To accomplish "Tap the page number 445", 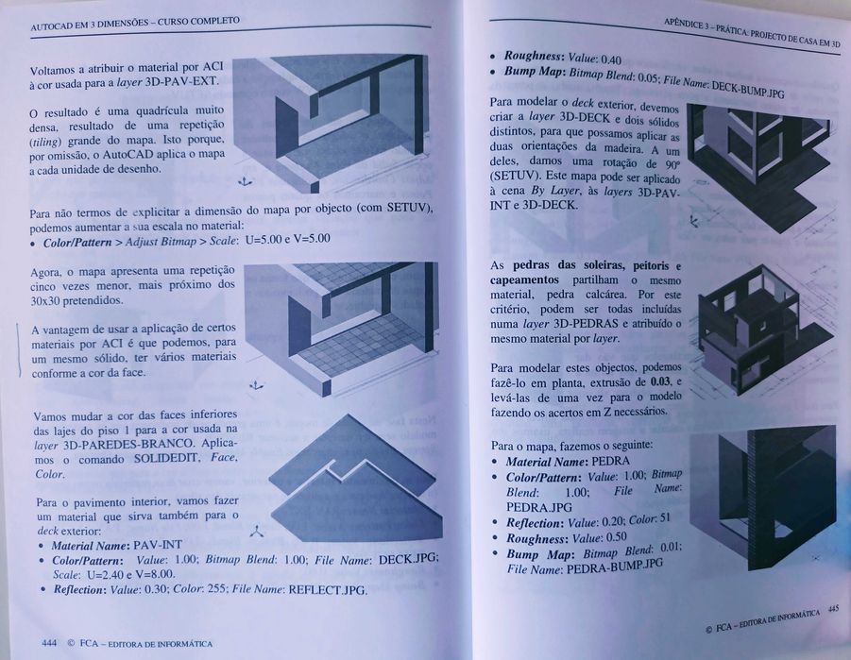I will [832, 610].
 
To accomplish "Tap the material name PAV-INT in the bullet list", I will [158, 546].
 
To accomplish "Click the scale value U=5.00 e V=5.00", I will [286, 240].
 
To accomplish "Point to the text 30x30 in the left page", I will [47, 300].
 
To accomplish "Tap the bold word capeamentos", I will [527, 280].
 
